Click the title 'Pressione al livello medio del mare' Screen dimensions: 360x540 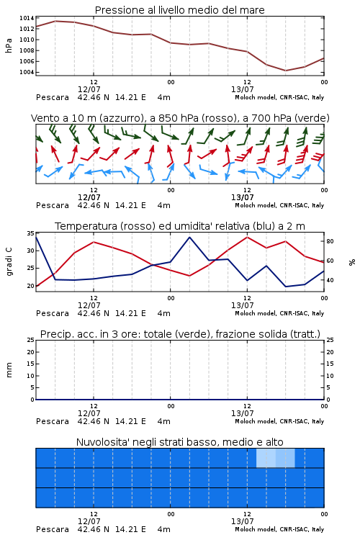179,10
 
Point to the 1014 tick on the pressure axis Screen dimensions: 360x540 27,18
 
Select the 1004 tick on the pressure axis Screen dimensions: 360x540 27,72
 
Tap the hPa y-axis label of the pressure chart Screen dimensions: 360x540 9,45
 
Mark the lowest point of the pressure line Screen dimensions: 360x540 285,71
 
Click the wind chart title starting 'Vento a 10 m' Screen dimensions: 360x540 180,118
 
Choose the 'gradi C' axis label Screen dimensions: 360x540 9,262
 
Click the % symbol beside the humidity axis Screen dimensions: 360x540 352,262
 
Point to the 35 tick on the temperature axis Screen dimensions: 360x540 31,233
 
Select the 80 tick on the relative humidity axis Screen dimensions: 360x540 330,241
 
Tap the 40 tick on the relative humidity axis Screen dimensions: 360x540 330,280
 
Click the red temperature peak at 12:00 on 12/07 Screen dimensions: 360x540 94,242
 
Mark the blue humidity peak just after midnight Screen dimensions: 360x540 189,237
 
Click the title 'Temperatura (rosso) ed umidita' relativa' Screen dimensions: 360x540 180,226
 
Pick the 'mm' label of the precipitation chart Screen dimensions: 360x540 9,370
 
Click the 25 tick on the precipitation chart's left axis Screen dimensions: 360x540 31,341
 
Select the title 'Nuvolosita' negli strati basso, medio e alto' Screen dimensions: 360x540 179,442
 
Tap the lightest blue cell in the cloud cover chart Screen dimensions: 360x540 266,458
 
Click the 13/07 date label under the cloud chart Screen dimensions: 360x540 242,521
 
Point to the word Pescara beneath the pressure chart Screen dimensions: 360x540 53,97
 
